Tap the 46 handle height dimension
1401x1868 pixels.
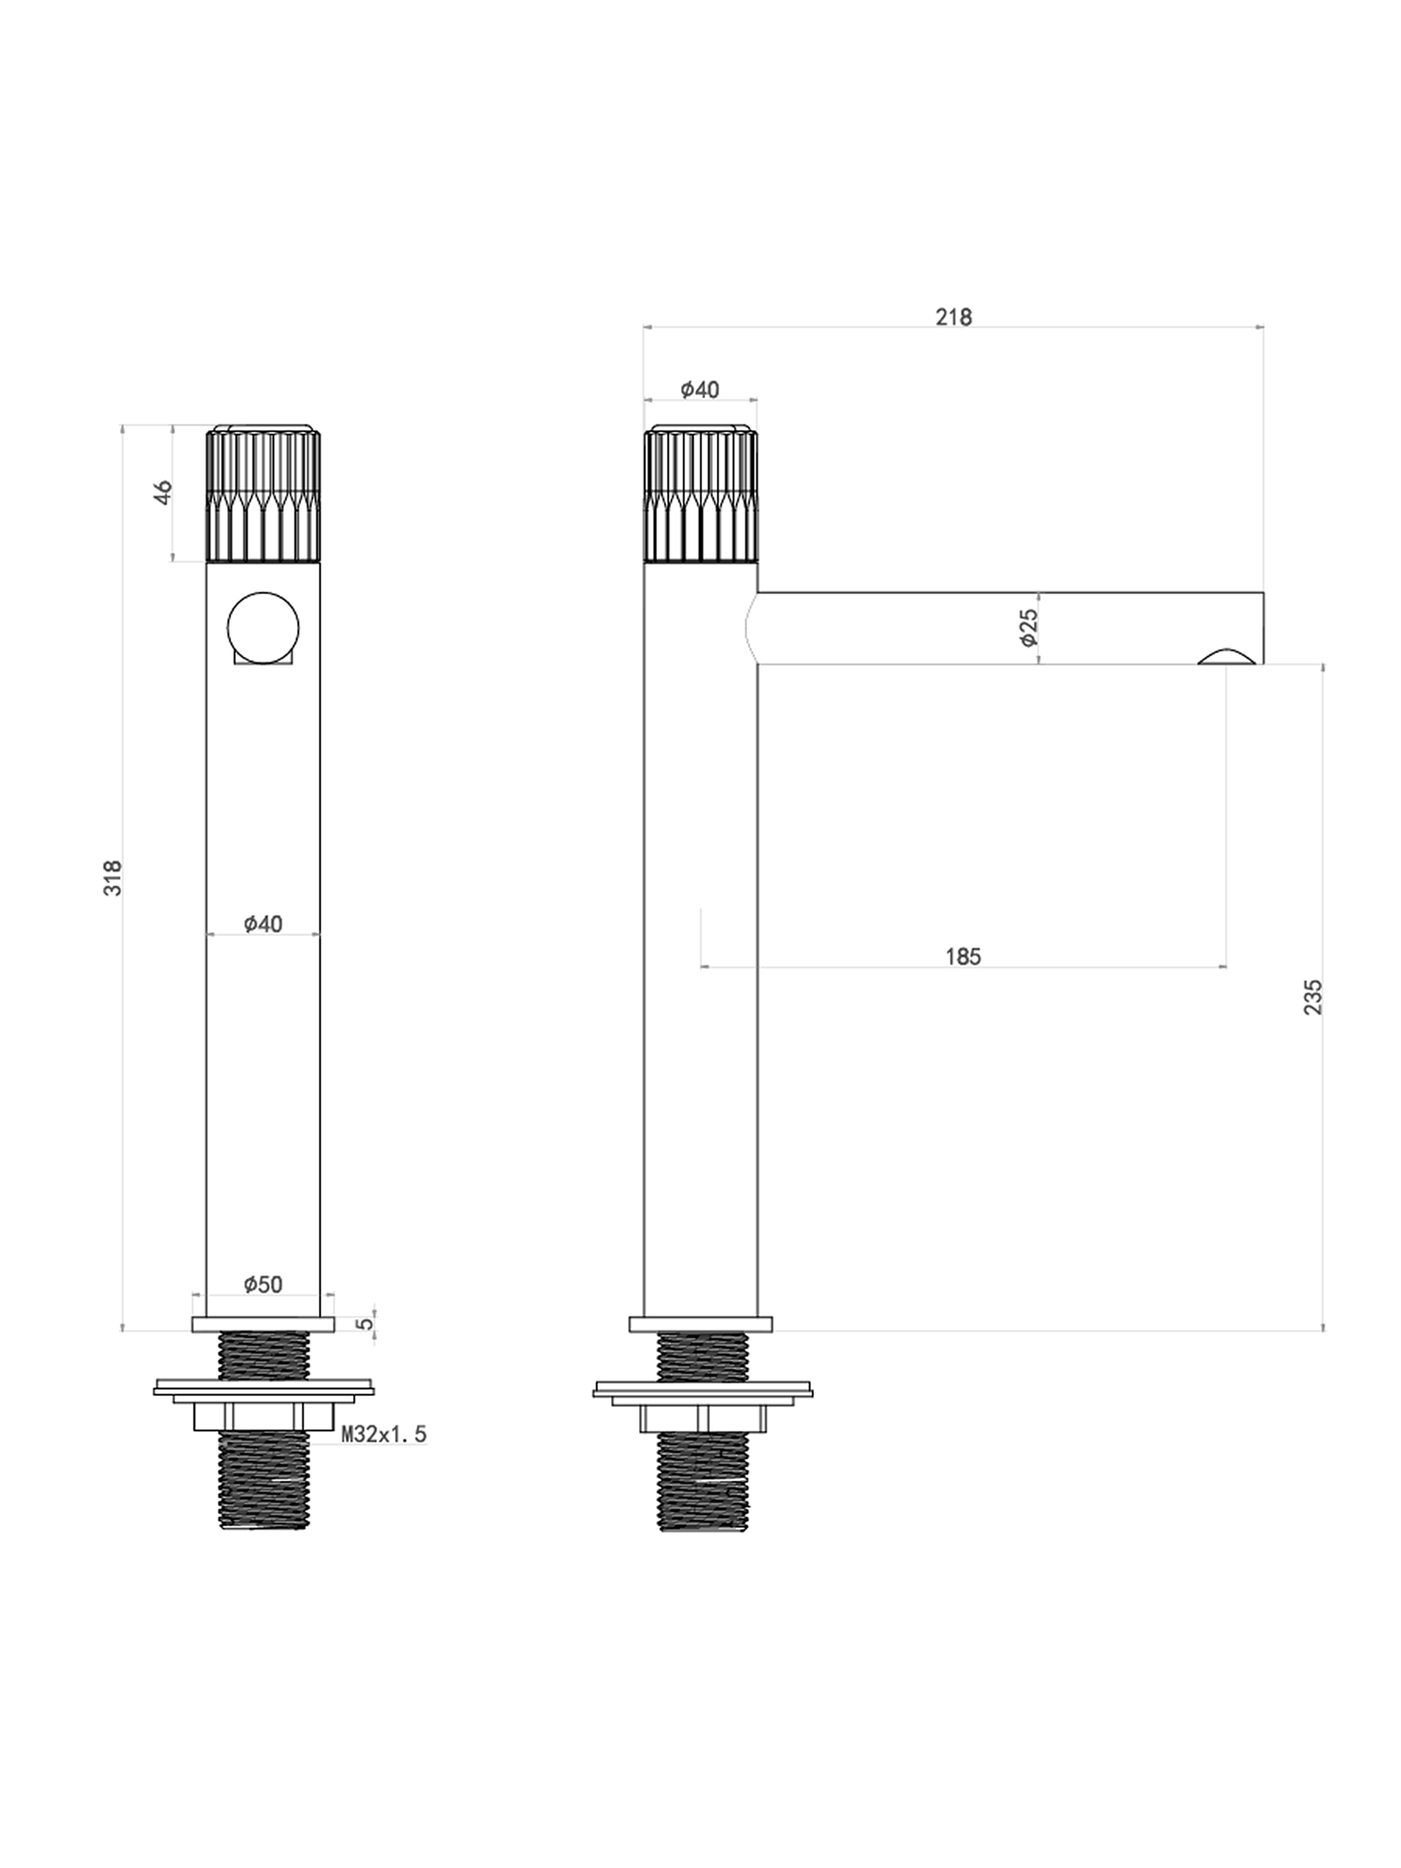[163, 492]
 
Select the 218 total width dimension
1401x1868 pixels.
[953, 317]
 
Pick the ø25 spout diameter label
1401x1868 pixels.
[1028, 628]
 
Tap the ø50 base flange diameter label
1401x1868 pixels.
[263, 1284]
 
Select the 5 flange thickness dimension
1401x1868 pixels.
[364, 1323]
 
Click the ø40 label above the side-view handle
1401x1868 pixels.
[700, 389]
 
